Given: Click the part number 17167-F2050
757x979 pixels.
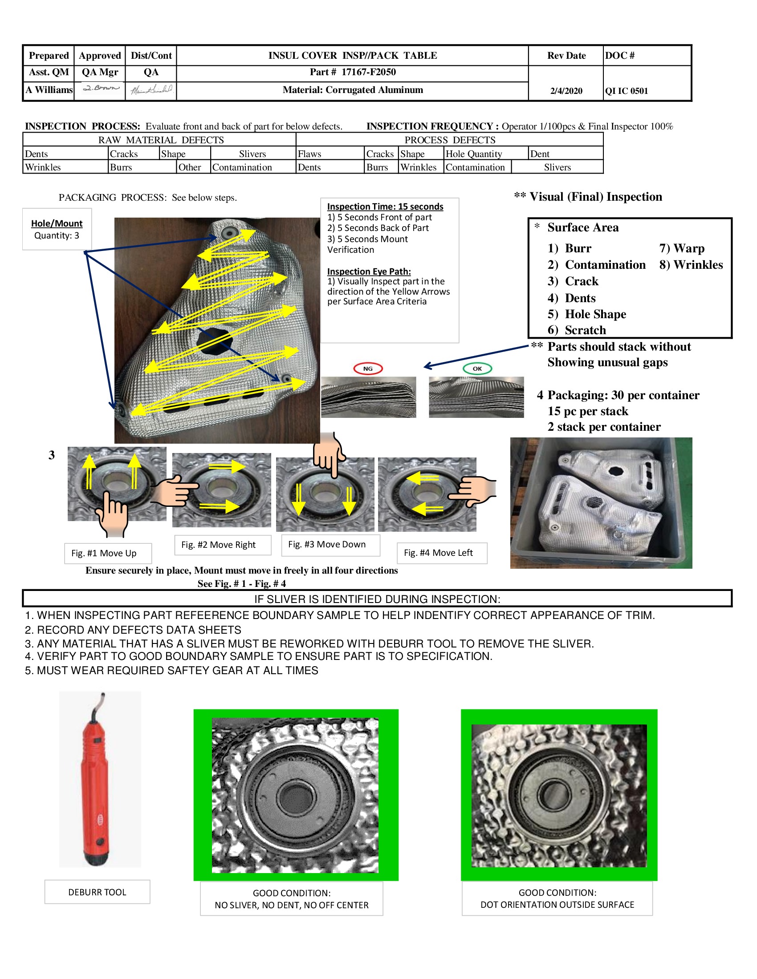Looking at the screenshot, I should tap(368, 72).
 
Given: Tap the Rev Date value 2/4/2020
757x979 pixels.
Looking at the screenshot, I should tap(566, 91).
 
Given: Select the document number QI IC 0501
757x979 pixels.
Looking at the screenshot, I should tap(627, 91).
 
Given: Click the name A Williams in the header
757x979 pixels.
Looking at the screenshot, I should tap(49, 89).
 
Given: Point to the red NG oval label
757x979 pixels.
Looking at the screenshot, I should tap(368, 368).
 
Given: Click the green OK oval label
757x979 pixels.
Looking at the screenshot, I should tap(477, 368).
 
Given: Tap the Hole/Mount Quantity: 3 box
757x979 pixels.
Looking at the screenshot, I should tap(57, 229).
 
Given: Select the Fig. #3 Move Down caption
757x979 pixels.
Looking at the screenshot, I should tap(327, 544).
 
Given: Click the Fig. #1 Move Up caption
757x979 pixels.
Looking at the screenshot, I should tap(104, 553).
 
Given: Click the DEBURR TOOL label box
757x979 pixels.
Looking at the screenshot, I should tap(98, 892).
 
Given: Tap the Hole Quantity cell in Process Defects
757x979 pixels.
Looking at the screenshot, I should tap(474, 154).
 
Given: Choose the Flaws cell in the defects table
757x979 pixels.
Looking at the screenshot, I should tap(309, 154).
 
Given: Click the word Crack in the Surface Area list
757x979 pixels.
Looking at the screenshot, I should tap(581, 281).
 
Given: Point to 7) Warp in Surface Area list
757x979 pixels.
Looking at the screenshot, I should tap(682, 248).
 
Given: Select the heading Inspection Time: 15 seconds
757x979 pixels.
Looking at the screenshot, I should tap(385, 206).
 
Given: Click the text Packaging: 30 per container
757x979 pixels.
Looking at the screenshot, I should tap(623, 395).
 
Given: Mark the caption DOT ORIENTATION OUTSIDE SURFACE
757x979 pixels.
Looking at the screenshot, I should tap(557, 905).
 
